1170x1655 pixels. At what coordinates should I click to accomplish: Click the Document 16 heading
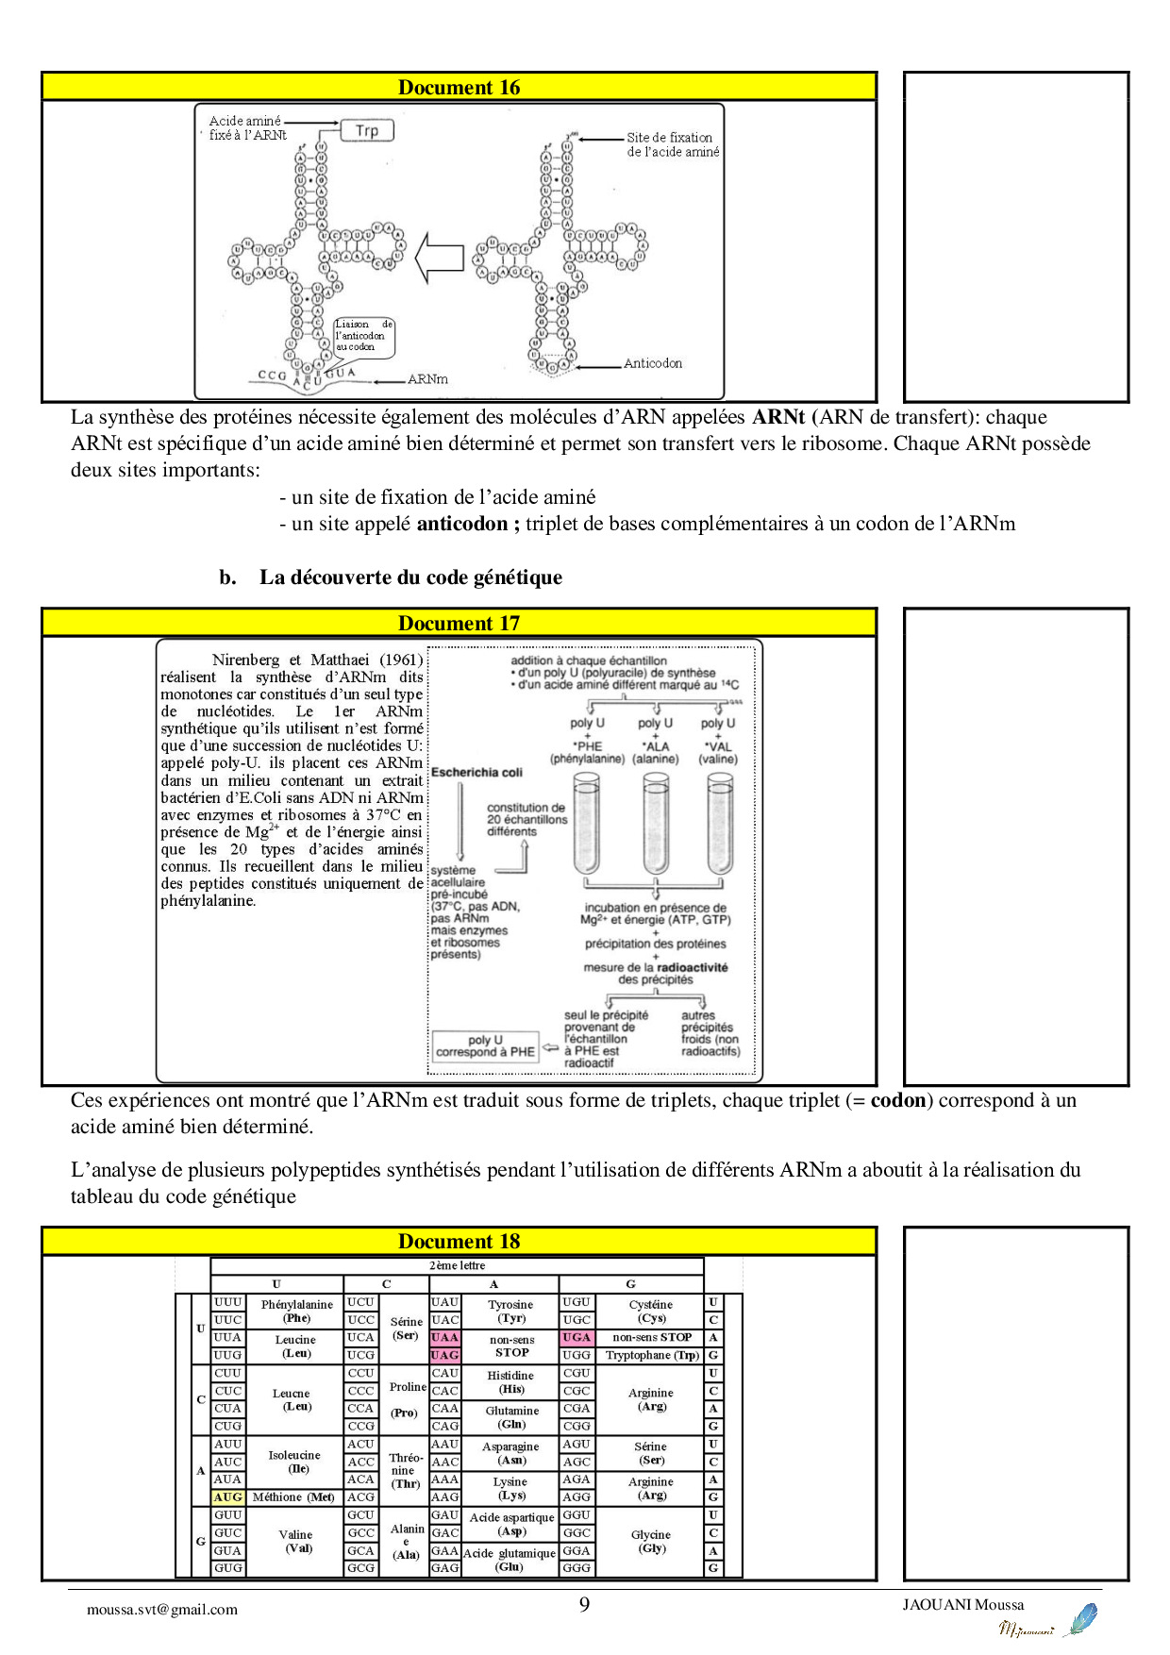point(459,88)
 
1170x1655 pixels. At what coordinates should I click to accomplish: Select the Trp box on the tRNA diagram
point(367,131)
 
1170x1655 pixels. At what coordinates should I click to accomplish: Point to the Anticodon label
point(652,363)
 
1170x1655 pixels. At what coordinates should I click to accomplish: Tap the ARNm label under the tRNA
point(427,379)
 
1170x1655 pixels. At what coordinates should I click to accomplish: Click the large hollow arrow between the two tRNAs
point(440,257)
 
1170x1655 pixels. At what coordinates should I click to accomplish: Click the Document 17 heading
point(459,624)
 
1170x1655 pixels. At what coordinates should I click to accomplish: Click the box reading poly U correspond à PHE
point(485,1046)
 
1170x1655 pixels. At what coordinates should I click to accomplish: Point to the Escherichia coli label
point(476,773)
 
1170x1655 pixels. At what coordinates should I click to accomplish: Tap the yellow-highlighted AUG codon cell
point(227,1497)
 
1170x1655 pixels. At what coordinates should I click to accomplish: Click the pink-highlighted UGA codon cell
point(577,1337)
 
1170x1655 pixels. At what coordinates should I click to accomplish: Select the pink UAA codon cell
point(444,1337)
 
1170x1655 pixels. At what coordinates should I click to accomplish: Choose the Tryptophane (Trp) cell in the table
point(652,1355)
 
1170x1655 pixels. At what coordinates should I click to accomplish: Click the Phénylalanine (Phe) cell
point(296,1311)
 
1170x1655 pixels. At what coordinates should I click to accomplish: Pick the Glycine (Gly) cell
point(651,1541)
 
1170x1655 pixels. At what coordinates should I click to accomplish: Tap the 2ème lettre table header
point(457,1265)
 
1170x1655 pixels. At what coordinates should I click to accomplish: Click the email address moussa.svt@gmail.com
point(162,1610)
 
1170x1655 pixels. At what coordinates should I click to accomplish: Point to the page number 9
point(584,1605)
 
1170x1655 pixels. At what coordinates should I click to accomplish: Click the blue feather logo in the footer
point(1080,1619)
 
